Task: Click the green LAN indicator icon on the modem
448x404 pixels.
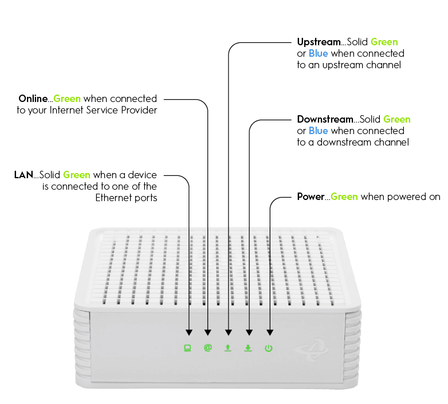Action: tap(187, 348)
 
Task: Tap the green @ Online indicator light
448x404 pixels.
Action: tap(207, 348)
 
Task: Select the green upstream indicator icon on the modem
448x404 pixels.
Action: tap(228, 348)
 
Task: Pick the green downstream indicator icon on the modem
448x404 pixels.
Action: tap(248, 348)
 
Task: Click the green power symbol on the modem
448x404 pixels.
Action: tap(269, 348)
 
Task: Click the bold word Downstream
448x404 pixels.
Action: tap(325, 119)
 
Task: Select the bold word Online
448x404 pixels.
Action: tap(33, 99)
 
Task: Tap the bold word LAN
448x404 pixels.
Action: tap(23, 175)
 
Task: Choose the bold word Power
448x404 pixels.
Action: tap(311, 197)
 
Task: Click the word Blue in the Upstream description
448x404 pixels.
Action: tap(319, 53)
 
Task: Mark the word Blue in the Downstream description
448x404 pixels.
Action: tap(319, 131)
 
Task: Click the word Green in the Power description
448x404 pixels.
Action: tap(344, 197)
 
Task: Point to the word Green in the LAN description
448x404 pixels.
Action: tap(77, 175)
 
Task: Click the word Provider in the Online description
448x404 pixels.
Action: tap(139, 110)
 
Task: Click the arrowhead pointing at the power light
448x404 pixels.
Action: tap(269, 332)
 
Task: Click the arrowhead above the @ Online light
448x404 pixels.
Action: tap(207, 332)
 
